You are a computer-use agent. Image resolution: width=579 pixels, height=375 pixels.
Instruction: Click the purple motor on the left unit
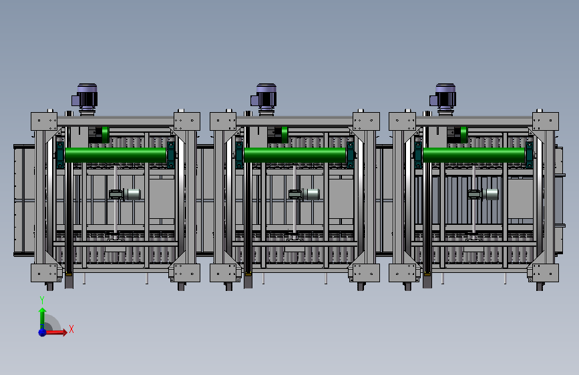point(85,97)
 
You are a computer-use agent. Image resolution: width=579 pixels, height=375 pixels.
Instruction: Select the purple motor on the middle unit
point(264,97)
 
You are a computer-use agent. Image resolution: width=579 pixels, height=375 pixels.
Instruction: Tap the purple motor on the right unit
point(444,97)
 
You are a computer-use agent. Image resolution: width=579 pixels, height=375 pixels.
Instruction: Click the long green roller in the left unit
point(116,155)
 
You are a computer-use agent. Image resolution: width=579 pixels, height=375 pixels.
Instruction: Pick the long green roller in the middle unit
point(295,155)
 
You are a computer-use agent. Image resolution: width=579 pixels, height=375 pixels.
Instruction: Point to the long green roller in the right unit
point(473,155)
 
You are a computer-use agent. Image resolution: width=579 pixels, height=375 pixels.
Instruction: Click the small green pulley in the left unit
point(106,135)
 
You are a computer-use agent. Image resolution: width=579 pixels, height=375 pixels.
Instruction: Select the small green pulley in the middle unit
point(284,135)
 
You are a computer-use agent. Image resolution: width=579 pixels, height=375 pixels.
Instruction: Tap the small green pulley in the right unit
point(463,135)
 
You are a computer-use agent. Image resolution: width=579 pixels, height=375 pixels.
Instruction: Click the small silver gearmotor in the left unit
point(125,194)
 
